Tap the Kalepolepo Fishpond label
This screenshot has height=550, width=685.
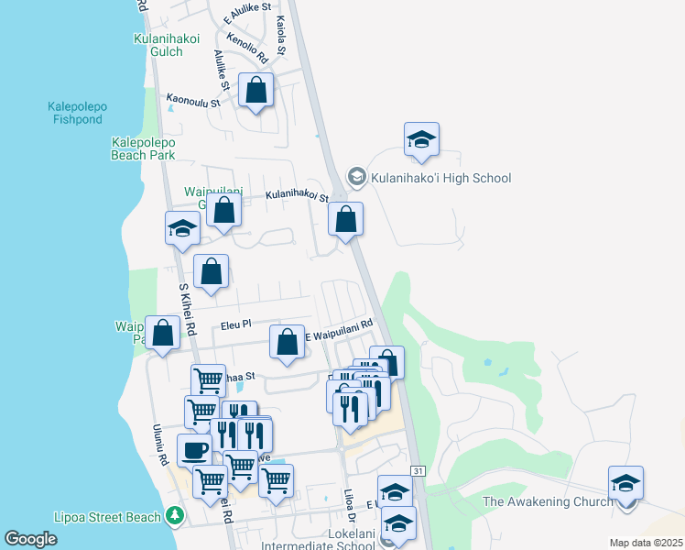pyautogui.click(x=78, y=113)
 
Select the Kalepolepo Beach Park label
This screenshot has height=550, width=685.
pyautogui.click(x=143, y=148)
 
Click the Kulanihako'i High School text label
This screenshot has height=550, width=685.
pyautogui.click(x=440, y=178)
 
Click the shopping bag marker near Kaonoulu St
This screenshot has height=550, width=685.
pyautogui.click(x=256, y=91)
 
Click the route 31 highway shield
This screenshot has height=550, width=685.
pyautogui.click(x=418, y=470)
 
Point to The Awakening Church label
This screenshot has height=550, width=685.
pyautogui.click(x=548, y=501)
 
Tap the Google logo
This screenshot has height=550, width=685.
pyautogui.click(x=31, y=539)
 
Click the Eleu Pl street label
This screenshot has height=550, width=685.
pyautogui.click(x=235, y=325)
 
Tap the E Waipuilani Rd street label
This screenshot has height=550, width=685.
pyautogui.click(x=340, y=328)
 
